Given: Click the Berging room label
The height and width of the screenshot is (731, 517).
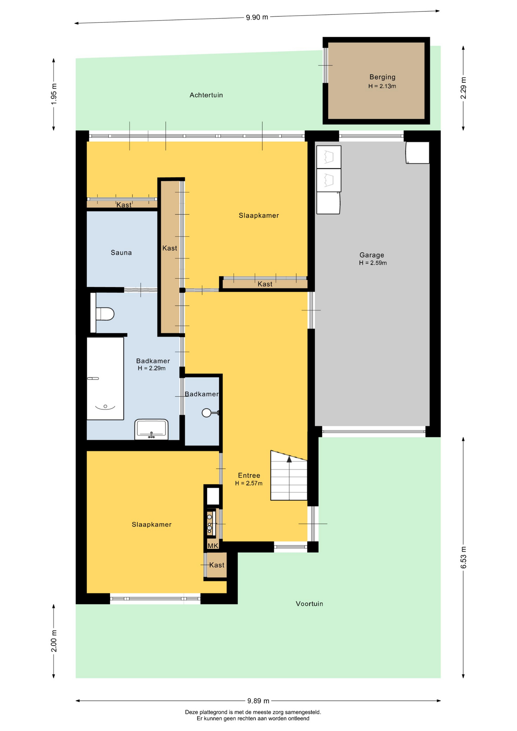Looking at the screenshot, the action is [x=382, y=77].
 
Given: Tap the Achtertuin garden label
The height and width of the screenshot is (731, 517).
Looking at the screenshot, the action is [x=206, y=95].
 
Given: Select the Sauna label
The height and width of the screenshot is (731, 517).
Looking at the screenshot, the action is [x=121, y=252].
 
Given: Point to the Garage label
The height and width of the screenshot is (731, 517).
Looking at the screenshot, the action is [x=372, y=255].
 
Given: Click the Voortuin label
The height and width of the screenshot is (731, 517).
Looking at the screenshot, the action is [x=310, y=603].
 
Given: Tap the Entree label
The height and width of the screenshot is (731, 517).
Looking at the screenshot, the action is [x=249, y=475].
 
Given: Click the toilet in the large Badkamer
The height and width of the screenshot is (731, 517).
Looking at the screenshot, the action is [x=102, y=314].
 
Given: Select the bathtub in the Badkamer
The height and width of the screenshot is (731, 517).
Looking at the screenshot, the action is [x=105, y=378].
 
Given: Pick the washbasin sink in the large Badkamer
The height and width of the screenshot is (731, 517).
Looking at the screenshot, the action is [x=152, y=429].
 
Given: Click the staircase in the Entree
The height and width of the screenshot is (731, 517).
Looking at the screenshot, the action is [x=289, y=476].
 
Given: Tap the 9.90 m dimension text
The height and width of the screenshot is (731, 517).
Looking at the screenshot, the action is [x=257, y=17].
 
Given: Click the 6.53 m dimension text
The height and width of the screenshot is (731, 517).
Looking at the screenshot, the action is [x=463, y=557].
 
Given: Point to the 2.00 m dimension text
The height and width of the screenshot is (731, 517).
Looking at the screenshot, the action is [x=54, y=641].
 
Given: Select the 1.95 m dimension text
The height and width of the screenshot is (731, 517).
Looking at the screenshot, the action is [x=54, y=94].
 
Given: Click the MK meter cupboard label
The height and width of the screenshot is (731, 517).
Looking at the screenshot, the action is [x=213, y=546].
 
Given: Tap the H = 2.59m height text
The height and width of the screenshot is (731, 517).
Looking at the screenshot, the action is [x=373, y=263].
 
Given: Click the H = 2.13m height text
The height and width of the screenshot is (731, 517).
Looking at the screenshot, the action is [x=382, y=86].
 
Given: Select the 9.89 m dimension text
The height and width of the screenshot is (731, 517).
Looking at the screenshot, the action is [x=258, y=701].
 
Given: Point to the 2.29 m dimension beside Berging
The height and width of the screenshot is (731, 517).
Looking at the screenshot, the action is [x=463, y=88].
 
